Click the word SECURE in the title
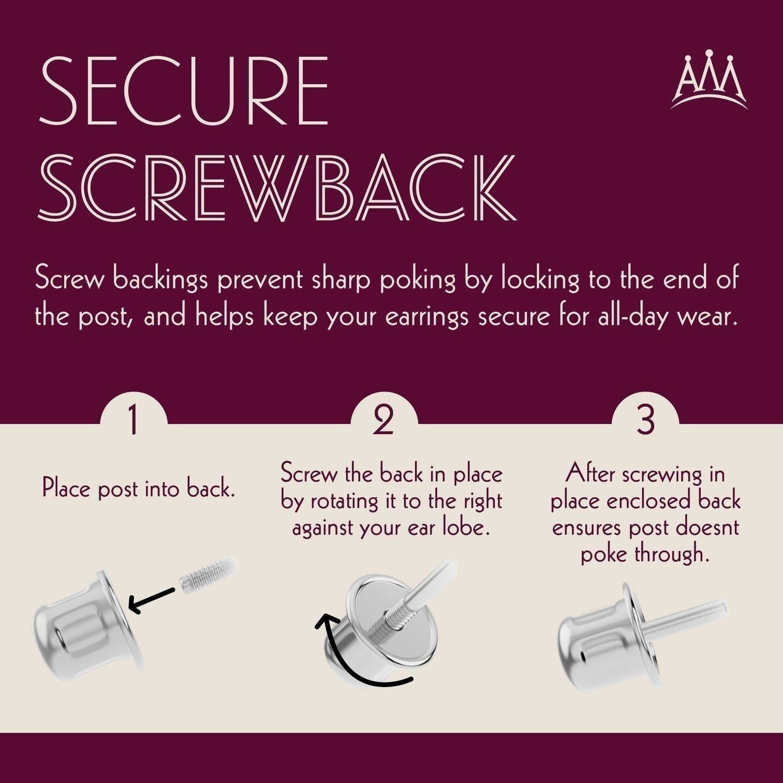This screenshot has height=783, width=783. (183, 91)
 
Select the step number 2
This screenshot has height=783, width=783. (383, 422)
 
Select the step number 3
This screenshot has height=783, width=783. (645, 421)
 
